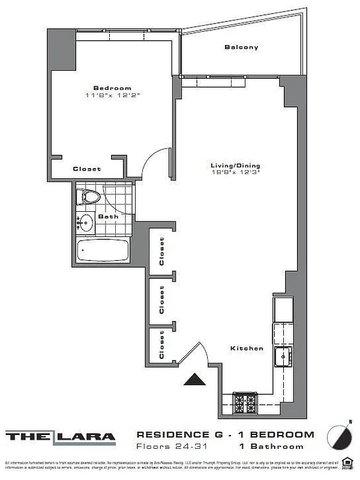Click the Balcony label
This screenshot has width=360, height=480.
point(241,47)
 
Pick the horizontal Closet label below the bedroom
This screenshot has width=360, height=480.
point(86,169)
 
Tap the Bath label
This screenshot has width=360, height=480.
point(109,216)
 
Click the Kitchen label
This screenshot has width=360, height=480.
point(247,348)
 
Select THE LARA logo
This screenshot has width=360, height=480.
point(61,437)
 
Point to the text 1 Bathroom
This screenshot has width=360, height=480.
point(271,446)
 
